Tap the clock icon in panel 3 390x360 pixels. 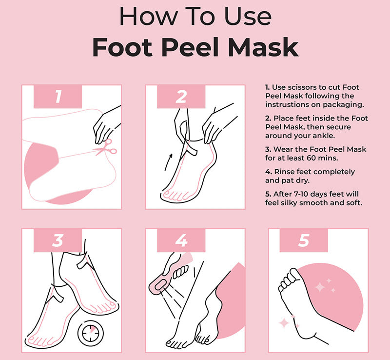pyautogui.click(x=91, y=333)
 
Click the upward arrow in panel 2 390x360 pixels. pyautogui.click(x=168, y=162)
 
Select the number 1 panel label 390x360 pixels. pyautogui.click(x=58, y=97)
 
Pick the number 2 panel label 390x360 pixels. pyautogui.click(x=181, y=97)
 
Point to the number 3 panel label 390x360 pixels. pyautogui.click(x=58, y=240)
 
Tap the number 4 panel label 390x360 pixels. pyautogui.click(x=181, y=240)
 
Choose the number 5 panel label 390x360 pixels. pyautogui.click(x=304, y=240)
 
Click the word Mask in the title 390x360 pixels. pyautogui.click(x=263, y=47)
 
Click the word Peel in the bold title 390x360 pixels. pyautogui.click(x=190, y=47)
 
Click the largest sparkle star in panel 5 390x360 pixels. pyautogui.click(x=320, y=287)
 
